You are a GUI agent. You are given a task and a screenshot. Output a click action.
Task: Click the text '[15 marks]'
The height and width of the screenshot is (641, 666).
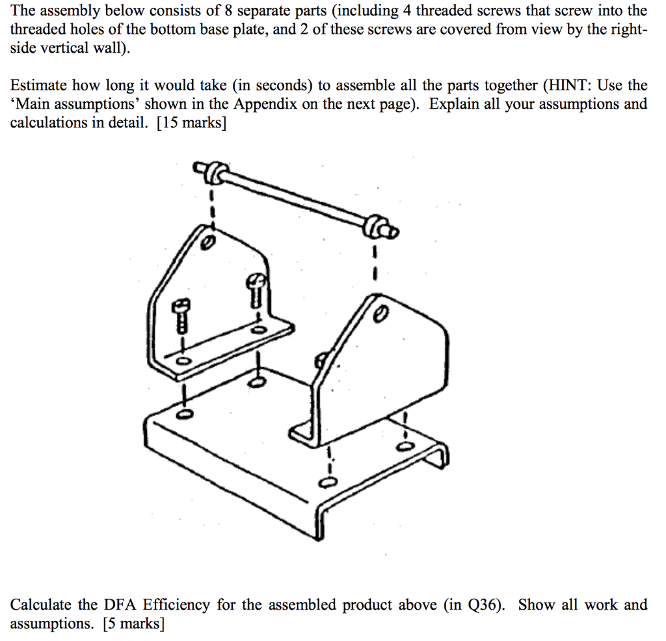point(192,123)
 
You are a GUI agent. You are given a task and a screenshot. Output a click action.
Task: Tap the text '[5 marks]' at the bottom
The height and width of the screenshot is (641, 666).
point(133,624)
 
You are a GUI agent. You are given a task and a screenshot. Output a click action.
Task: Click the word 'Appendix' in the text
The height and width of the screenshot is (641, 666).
point(263,104)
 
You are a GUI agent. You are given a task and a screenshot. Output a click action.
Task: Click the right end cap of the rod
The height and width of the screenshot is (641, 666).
point(377,228)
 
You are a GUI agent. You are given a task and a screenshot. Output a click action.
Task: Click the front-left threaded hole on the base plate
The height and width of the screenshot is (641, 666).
point(184,414)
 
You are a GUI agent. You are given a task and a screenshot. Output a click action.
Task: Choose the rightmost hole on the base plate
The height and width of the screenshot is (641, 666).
point(405,445)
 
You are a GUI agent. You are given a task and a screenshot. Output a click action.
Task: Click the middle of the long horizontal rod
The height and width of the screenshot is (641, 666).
point(293,199)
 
